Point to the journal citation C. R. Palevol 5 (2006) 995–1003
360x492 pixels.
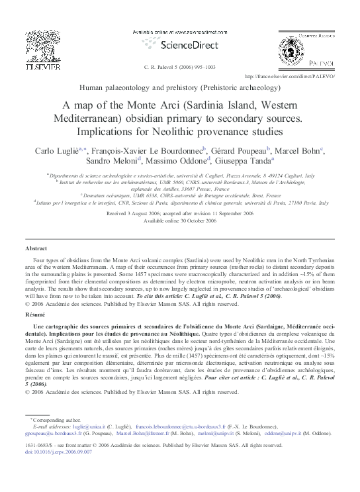click(x=179, y=67)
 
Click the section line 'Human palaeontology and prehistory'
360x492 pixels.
click(x=180, y=87)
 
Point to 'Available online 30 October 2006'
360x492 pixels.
click(x=180, y=222)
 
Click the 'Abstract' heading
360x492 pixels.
click(x=36, y=247)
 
